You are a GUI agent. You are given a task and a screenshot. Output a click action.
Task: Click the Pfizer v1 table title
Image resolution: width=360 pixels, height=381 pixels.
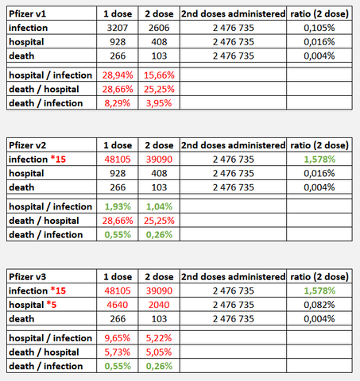pos(28,13)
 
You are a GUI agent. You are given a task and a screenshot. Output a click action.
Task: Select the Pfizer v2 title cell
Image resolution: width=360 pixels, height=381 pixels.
pos(28,145)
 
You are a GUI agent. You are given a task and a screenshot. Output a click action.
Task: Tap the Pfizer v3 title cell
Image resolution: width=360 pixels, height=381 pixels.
pos(28,277)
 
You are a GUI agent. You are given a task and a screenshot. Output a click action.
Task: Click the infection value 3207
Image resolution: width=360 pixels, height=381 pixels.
pos(118,28)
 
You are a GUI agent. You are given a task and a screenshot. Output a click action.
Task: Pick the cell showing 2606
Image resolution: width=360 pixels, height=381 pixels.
pos(159,28)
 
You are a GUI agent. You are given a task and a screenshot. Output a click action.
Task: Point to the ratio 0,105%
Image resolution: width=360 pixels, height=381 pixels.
pos(319,28)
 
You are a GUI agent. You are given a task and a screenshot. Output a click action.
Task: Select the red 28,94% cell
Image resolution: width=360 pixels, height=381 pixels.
pos(118,75)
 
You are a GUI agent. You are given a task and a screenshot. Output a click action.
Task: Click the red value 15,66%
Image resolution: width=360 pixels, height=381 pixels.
pos(159,75)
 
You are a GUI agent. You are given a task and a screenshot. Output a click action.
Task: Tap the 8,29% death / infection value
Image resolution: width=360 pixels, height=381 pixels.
pos(118,103)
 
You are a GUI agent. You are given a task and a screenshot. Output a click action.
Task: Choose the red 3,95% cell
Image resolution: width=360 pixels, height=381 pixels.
pos(159,103)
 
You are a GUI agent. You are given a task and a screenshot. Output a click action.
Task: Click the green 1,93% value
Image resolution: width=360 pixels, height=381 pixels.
pos(118,206)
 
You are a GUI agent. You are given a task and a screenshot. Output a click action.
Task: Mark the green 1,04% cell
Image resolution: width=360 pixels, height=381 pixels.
pos(159,206)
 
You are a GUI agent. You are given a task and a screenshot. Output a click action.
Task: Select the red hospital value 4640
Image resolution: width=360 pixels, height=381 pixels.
pos(118,305)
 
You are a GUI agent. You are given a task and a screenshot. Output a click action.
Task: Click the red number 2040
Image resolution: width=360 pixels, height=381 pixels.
pos(159,305)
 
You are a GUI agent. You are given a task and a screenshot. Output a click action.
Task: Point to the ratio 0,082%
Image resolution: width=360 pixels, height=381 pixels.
pos(319,305)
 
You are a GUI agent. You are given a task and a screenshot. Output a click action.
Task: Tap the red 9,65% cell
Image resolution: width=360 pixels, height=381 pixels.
pos(118,338)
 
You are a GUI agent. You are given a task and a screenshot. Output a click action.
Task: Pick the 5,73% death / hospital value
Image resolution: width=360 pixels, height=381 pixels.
pos(118,352)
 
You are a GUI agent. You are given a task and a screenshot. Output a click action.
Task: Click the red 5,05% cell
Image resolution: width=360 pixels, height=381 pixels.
pos(159,352)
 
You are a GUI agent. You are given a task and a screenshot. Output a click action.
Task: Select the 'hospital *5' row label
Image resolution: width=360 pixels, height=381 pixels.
pos(33,305)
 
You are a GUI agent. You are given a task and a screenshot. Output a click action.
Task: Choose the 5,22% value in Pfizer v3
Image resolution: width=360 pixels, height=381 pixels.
pos(159,338)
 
